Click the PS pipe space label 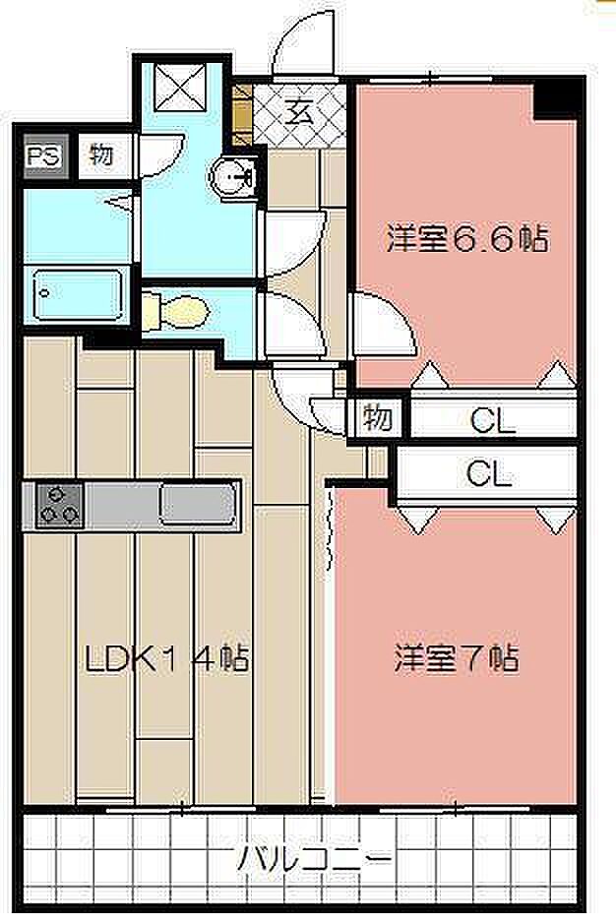click(x=44, y=156)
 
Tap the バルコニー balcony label click(x=314, y=859)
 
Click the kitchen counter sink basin click(x=197, y=505)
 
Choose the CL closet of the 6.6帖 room click(x=494, y=419)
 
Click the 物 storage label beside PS click(x=102, y=156)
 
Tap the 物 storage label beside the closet click(x=377, y=418)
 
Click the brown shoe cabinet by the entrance click(x=242, y=115)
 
